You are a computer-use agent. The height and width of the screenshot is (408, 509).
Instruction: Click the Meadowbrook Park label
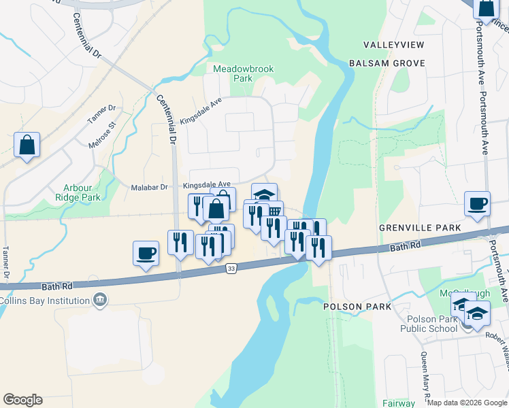tap(233, 73)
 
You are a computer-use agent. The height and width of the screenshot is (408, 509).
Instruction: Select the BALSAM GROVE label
tap(387, 63)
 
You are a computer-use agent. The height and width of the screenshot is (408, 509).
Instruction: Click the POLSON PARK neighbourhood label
tap(357, 307)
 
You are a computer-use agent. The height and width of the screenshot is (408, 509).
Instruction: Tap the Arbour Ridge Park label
tap(82, 192)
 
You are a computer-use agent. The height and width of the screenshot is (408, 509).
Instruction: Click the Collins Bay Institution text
tap(45, 300)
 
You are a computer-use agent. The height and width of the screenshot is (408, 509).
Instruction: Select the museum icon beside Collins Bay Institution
tap(100, 299)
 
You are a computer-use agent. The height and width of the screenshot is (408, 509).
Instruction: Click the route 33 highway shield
tap(231, 270)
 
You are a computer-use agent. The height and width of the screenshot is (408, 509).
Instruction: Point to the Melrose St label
tap(103, 134)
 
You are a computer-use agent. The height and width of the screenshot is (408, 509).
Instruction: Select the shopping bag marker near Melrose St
tap(27, 145)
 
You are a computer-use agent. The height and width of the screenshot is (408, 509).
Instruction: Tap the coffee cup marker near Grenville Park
tap(477, 203)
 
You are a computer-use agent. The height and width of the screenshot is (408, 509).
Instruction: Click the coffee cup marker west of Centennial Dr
tap(146, 253)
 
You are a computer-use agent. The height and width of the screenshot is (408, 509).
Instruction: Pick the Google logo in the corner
tap(22, 400)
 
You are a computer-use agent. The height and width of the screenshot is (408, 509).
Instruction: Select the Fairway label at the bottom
tap(399, 403)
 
